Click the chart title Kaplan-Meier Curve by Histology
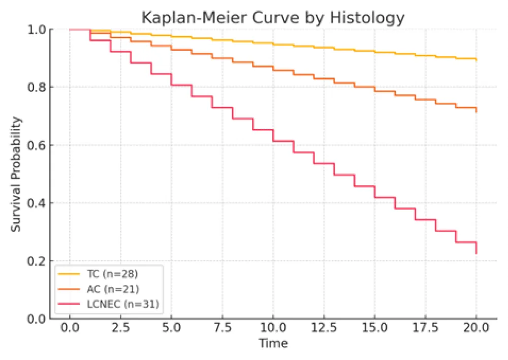pos(273,18)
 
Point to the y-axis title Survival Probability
pos(17,174)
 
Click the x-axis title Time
pos(273,344)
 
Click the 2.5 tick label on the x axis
pos(120,328)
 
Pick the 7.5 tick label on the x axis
pos(222,328)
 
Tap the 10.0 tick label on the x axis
pos(273,328)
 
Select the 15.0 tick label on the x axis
pos(374,328)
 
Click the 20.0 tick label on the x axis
pos(476,328)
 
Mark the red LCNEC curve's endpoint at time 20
pos(476,253)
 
